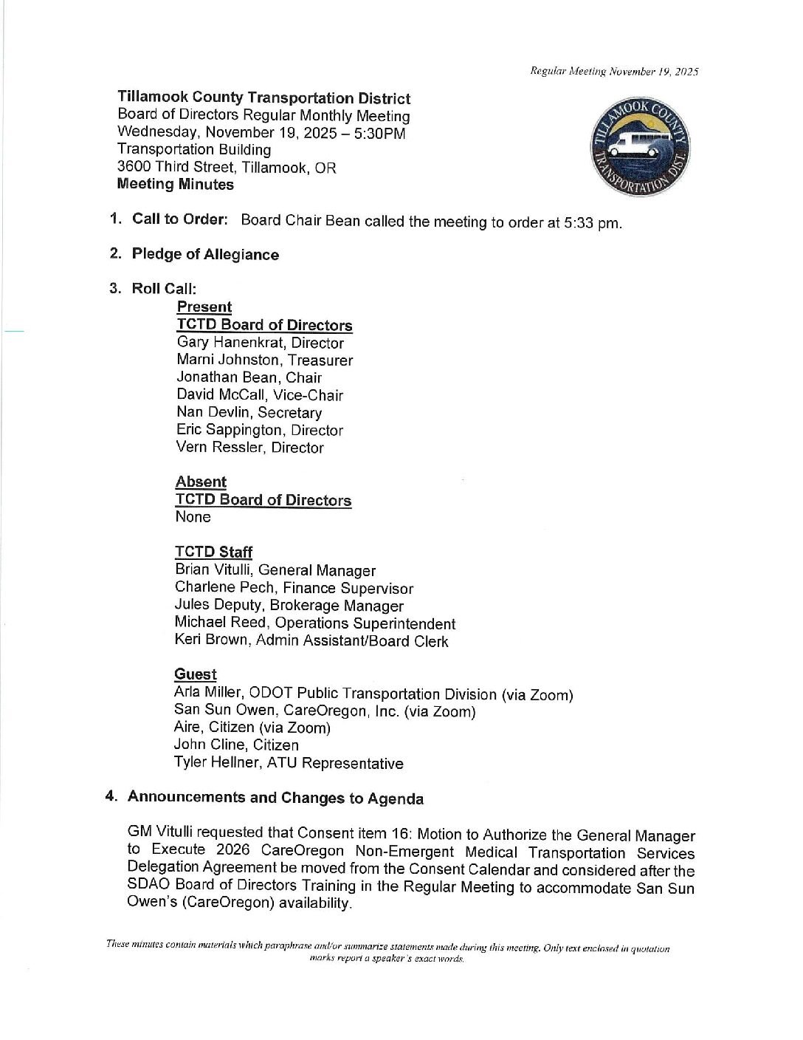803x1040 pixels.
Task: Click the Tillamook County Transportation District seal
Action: click(x=639, y=146)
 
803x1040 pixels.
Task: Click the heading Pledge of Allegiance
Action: click(x=205, y=254)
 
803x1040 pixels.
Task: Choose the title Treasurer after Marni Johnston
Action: click(x=320, y=360)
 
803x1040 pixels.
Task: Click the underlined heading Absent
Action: click(x=201, y=482)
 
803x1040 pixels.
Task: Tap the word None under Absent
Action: click(x=193, y=517)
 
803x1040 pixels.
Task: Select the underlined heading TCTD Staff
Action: click(x=213, y=552)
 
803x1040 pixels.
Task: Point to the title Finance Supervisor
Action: click(x=348, y=589)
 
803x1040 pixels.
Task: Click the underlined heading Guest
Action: click(x=195, y=674)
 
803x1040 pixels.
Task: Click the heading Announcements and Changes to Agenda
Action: click(x=275, y=798)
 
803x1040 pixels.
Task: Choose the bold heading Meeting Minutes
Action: click(x=175, y=185)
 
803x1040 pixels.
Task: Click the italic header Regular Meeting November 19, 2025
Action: click(x=614, y=72)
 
